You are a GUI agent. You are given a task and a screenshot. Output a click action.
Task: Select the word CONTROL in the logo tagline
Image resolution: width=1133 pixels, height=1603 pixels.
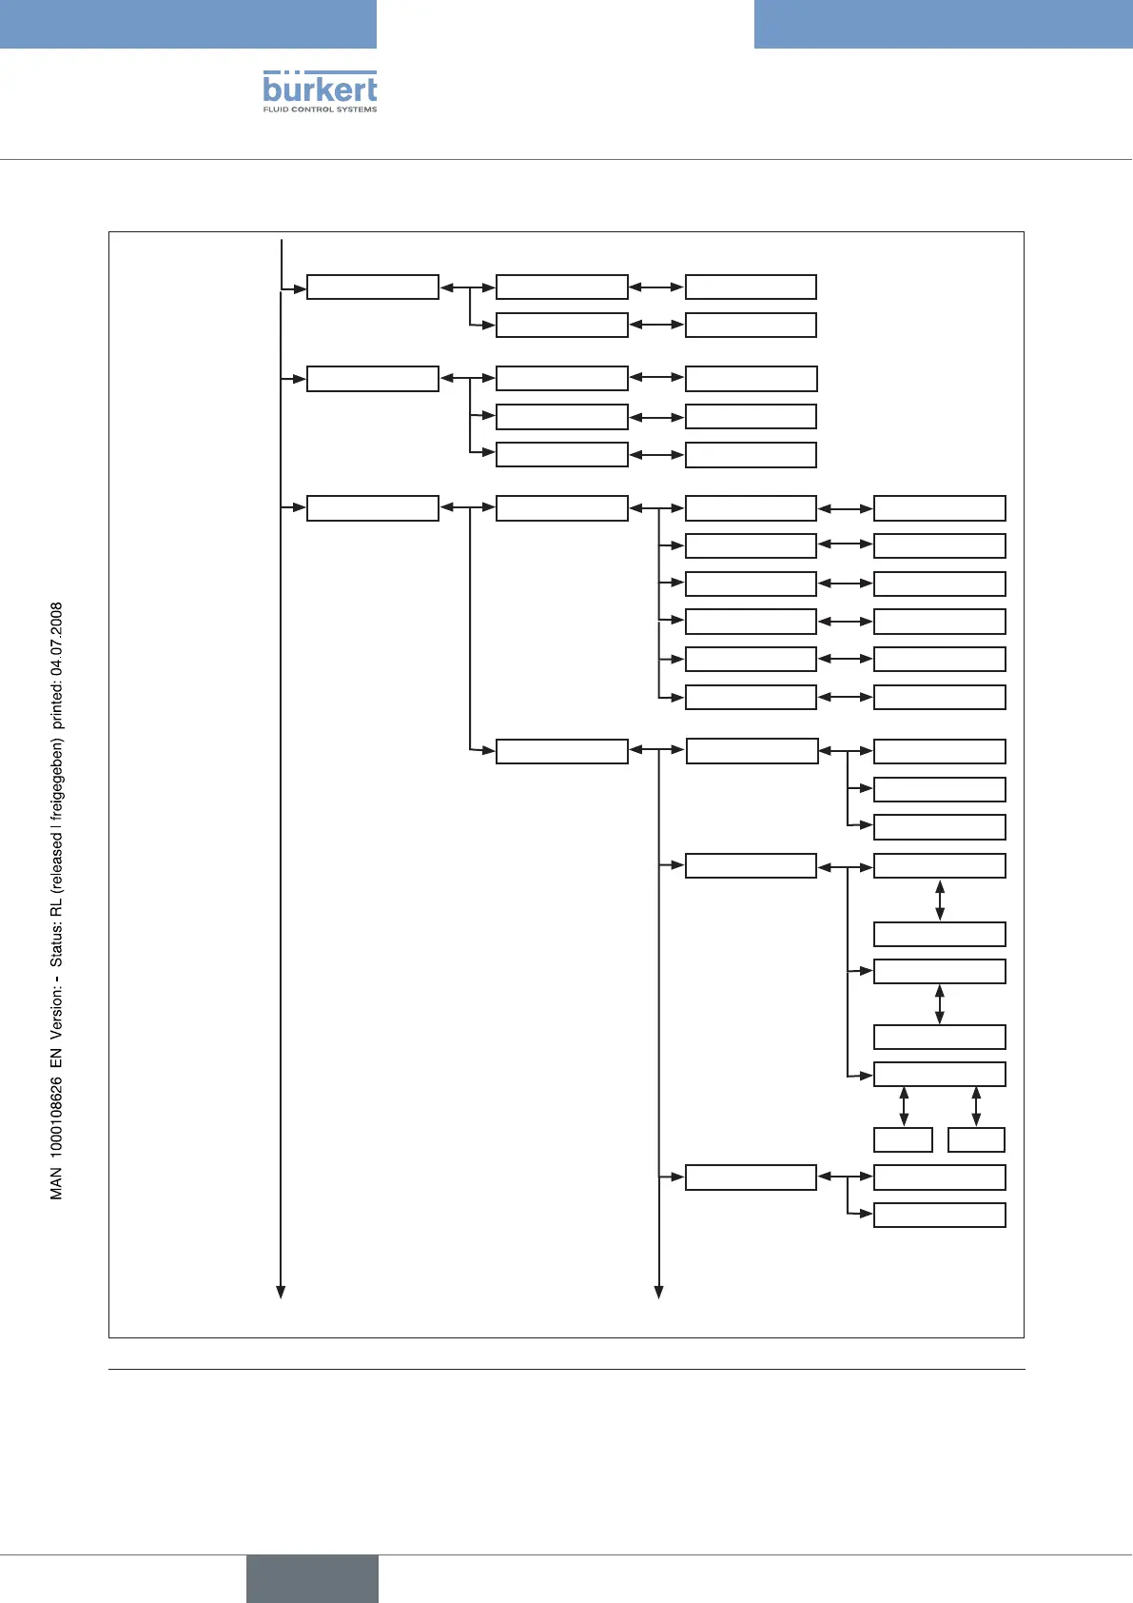(310, 109)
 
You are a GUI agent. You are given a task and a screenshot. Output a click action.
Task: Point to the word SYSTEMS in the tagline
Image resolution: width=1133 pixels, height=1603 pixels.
(356, 109)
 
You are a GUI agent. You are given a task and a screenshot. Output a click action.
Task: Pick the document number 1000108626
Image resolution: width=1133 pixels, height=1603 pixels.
(57, 1120)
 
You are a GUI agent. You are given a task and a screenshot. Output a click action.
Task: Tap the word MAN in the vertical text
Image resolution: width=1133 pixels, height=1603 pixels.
(57, 1183)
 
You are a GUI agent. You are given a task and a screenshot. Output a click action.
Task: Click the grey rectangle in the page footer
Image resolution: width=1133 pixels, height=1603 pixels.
(312, 1578)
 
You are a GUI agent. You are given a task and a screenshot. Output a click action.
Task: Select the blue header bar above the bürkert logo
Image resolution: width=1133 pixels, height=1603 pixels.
(188, 24)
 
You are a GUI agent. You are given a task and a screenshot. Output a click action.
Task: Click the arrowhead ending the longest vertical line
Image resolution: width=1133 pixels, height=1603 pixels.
(281, 1292)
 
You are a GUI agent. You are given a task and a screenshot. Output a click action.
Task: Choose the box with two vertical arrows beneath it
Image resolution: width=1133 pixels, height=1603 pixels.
(939, 1074)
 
